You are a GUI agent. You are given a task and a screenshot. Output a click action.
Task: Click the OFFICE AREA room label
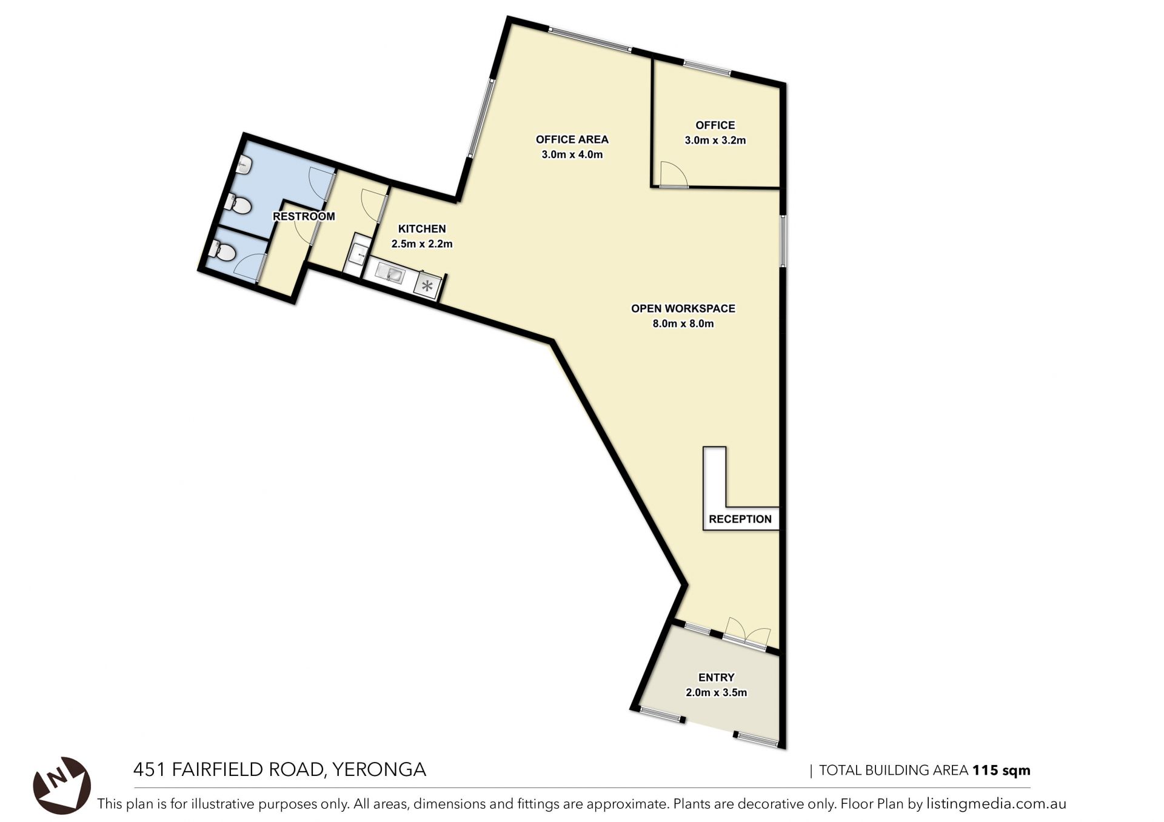(x=572, y=139)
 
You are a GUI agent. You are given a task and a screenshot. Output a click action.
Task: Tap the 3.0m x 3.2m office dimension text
(x=715, y=140)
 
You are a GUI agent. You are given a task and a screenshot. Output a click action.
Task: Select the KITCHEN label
(x=422, y=229)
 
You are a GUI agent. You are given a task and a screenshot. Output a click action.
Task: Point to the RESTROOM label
(x=304, y=216)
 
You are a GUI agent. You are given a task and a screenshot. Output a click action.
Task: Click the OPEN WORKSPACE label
(x=683, y=308)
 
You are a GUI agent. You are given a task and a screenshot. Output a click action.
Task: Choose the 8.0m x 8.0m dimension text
(x=683, y=323)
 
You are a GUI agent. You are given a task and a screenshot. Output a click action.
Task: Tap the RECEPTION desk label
(x=740, y=519)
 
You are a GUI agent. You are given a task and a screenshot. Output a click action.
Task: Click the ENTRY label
(x=717, y=677)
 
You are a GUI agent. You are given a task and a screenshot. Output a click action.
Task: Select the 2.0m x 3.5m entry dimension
(x=717, y=692)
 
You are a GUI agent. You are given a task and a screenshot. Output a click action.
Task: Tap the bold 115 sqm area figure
(x=1002, y=771)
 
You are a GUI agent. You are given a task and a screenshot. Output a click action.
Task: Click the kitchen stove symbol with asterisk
(x=427, y=286)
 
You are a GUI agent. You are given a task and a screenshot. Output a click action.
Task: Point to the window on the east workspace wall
(x=783, y=241)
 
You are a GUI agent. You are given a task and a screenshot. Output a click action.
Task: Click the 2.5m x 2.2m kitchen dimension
(x=422, y=244)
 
